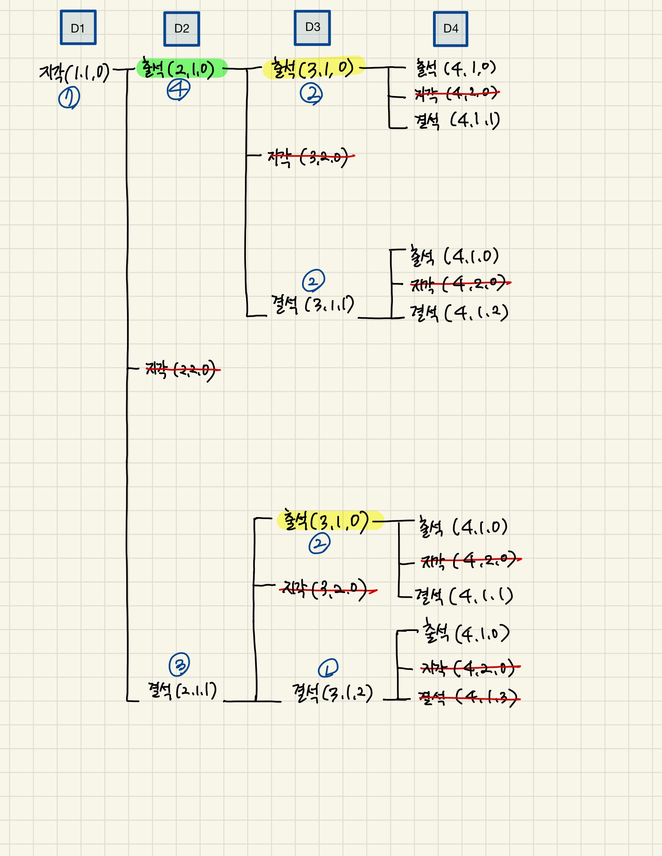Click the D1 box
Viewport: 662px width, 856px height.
tap(78, 28)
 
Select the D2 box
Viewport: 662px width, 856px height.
tap(182, 29)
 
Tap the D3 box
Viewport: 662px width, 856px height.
tap(312, 28)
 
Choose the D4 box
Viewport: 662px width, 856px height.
tap(450, 29)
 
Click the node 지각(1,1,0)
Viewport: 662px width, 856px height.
tap(74, 73)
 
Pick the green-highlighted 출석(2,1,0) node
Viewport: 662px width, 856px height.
tap(181, 69)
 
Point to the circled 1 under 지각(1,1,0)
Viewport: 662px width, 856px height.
tap(69, 98)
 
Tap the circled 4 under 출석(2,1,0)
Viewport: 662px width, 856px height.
tap(178, 90)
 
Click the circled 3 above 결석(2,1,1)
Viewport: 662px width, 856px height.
tap(179, 664)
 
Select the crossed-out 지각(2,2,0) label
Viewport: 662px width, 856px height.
tap(182, 370)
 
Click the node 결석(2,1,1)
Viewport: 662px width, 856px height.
tap(182, 691)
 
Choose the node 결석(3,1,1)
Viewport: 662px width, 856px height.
tap(312, 305)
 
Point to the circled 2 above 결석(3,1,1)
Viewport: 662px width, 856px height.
tap(314, 281)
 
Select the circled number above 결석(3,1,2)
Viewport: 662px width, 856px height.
tap(328, 668)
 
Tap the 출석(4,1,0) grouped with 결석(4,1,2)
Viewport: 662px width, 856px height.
tap(454, 256)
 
